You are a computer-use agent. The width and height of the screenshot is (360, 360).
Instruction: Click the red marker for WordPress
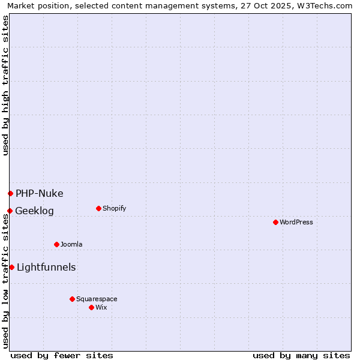click(x=275, y=222)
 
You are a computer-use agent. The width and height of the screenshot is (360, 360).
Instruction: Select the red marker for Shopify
click(x=98, y=208)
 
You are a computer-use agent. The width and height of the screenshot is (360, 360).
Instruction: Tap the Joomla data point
click(x=56, y=244)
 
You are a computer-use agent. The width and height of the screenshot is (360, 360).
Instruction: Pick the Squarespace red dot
click(x=72, y=299)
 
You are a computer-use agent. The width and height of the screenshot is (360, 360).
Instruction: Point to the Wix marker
click(x=91, y=307)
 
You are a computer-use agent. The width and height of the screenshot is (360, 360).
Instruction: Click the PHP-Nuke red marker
click(x=10, y=193)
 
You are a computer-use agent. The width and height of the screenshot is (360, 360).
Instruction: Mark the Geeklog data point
click(x=10, y=211)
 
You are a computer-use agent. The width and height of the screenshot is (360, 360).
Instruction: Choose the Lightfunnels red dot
click(x=11, y=267)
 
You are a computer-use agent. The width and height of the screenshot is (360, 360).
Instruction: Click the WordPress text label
click(x=296, y=223)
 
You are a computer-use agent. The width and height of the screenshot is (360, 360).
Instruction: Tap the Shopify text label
click(x=115, y=209)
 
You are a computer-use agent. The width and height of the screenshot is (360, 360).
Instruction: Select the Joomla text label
click(x=71, y=245)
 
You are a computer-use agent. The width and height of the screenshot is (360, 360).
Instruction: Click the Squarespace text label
click(x=97, y=299)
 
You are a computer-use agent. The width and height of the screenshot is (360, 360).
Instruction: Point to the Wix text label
click(x=101, y=308)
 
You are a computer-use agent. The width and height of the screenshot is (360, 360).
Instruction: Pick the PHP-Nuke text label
click(x=40, y=194)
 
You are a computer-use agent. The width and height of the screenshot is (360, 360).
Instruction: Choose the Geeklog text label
click(x=35, y=211)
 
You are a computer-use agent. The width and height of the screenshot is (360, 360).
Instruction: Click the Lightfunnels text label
click(x=46, y=268)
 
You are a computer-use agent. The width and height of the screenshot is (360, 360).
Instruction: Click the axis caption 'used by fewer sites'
click(x=62, y=355)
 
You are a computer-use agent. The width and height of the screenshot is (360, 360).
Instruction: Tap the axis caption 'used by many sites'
click(x=301, y=355)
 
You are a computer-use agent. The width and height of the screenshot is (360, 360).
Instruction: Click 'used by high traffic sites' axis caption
click(x=5, y=85)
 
